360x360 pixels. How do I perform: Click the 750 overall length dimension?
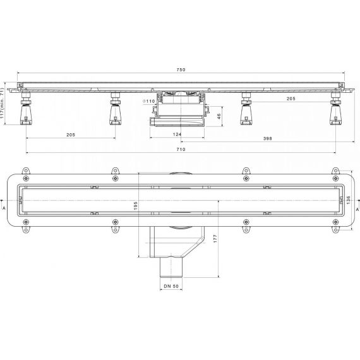pyautogui.click(x=181, y=70)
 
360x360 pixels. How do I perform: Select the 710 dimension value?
pyautogui.click(x=181, y=150)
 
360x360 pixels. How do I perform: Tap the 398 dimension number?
pyautogui.click(x=268, y=139)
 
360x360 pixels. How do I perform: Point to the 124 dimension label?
pyautogui.click(x=177, y=135)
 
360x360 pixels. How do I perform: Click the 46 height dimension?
pyautogui.click(x=219, y=116)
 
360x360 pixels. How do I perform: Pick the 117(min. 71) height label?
pyautogui.click(x=2, y=104)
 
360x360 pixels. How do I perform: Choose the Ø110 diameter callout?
pyautogui.click(x=149, y=101)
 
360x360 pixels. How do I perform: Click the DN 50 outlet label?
pyautogui.click(x=171, y=286)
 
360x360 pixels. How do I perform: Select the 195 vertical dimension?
pyautogui.click(x=135, y=206)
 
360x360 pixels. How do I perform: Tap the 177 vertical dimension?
pyautogui.click(x=215, y=239)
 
